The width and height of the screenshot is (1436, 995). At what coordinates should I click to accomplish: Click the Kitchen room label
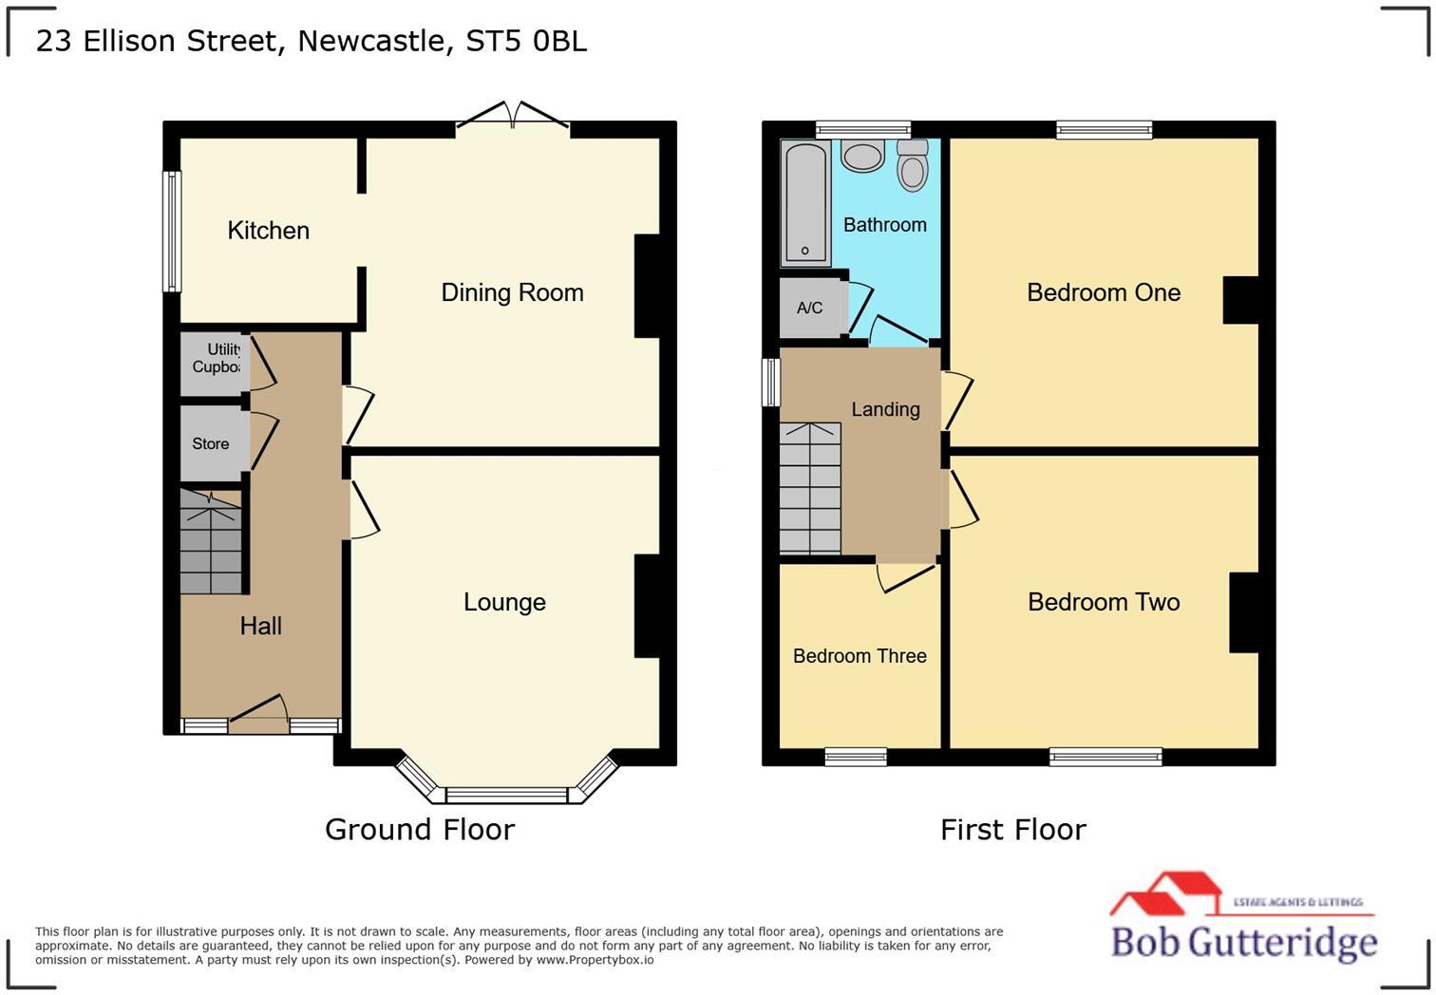(268, 231)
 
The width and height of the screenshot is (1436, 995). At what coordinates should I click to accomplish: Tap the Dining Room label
(512, 292)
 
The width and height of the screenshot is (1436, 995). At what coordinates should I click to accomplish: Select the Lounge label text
(504, 602)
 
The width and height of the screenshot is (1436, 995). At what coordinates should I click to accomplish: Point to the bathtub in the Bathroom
(804, 203)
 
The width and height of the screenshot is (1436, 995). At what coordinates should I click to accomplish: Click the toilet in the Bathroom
(913, 166)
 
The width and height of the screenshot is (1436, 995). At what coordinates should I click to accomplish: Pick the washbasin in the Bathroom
(862, 157)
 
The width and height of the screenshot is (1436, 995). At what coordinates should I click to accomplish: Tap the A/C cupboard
(810, 308)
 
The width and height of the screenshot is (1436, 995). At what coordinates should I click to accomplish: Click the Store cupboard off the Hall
(212, 443)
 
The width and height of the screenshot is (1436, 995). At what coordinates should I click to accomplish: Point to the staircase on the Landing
(810, 489)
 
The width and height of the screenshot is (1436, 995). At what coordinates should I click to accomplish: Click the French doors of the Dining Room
(513, 116)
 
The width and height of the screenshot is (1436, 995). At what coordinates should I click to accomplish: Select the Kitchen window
(172, 231)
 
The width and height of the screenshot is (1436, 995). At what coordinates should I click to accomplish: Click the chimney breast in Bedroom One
(1239, 300)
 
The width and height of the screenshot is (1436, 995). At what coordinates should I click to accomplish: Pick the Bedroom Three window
(856, 757)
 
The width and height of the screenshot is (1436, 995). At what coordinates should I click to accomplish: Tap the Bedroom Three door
(907, 575)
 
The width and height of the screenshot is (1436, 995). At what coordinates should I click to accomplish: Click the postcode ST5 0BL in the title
(526, 41)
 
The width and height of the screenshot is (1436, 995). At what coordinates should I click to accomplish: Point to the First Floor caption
(1012, 830)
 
